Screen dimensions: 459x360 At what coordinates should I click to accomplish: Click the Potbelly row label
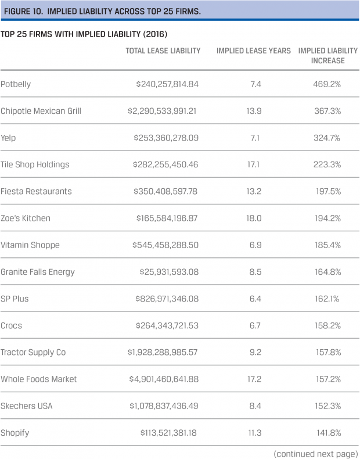point(16,84)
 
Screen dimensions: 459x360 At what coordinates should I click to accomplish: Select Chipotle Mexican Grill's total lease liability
point(163,111)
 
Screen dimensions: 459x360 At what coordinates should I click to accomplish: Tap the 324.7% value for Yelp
point(327,138)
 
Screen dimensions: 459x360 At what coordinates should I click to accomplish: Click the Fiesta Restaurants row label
point(36,191)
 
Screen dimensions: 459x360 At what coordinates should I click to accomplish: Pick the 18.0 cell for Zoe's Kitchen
point(254,218)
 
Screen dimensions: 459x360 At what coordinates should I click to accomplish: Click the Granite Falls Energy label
point(38,272)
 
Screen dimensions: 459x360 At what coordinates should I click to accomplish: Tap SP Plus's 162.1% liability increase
point(327,299)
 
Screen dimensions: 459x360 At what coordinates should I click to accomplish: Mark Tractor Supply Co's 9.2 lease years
point(254,352)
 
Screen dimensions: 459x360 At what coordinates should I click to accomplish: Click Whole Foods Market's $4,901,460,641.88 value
point(163,379)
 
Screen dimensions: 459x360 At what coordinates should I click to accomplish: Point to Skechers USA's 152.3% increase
point(327,406)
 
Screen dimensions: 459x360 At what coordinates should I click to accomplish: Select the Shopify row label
point(15,433)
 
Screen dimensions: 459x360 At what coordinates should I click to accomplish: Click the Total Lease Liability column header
point(163,51)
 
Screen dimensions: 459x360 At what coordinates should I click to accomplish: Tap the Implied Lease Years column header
point(254,51)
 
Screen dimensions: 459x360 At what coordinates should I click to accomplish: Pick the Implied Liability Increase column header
point(327,56)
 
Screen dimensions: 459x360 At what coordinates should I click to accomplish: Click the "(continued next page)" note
point(315,453)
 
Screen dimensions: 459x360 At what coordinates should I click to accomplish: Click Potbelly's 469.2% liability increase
point(327,84)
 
